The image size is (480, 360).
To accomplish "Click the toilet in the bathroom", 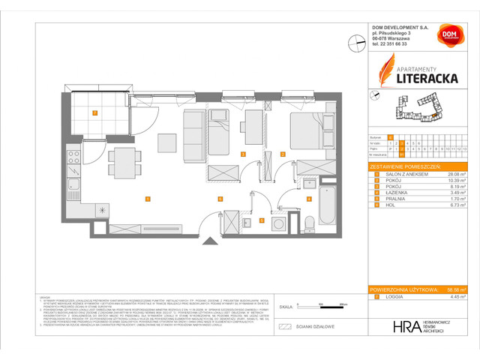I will click(x=310, y=221).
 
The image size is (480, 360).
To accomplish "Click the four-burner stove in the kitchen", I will click(x=74, y=157).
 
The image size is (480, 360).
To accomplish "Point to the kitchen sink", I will click(x=74, y=184).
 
